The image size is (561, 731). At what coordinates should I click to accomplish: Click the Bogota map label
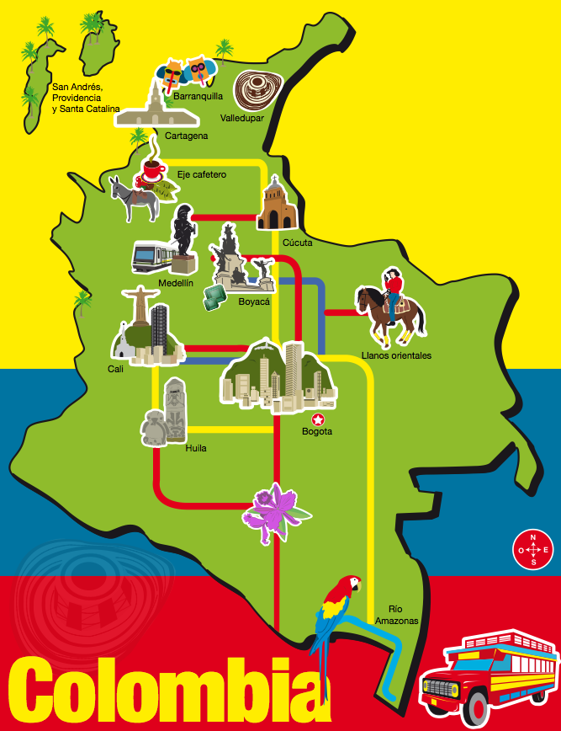point(317,432)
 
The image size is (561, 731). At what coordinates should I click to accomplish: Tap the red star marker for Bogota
point(318,419)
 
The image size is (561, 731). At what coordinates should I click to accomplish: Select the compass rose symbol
point(532,549)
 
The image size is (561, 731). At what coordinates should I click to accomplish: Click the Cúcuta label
point(297,243)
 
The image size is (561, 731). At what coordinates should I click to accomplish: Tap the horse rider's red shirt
point(393,290)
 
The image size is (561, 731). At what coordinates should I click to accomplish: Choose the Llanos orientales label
point(395,355)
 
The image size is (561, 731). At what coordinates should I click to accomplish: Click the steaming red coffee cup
point(152,171)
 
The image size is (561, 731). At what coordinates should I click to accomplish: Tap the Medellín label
point(175,283)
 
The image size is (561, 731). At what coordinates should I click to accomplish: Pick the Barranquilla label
point(198,96)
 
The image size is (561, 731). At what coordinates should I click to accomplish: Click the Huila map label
point(196,448)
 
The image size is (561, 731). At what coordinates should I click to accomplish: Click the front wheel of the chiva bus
point(476,708)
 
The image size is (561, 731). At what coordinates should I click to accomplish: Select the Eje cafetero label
point(202,174)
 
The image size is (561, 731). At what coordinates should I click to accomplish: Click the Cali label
point(115,369)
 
